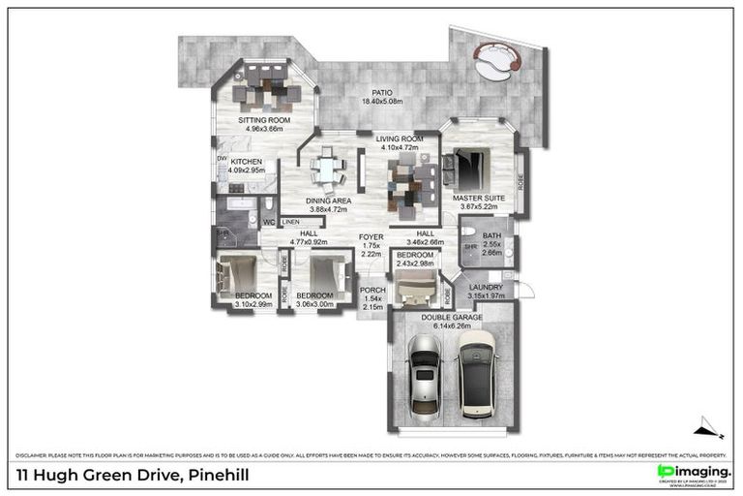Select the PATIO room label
pos(381,93)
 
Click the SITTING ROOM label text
pos(264,121)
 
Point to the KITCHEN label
pos(247,162)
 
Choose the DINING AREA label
pos(330,201)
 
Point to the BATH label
pos(491,235)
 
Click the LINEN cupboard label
pos(291,222)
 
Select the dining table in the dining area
pos(326,170)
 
